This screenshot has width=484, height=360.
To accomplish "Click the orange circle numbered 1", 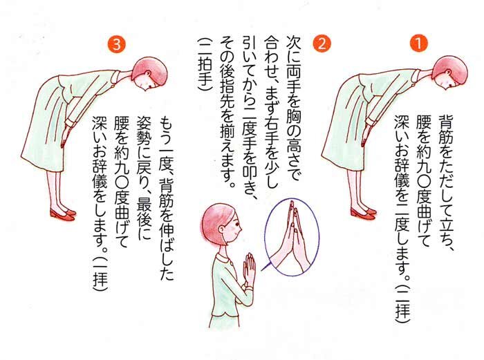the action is [419, 44].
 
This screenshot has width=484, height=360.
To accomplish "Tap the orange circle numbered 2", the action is [322, 44].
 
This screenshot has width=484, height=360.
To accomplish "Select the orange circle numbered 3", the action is [116, 44].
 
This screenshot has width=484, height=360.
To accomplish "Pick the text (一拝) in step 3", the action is [100, 271].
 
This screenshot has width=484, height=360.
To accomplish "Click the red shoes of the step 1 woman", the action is [364, 213].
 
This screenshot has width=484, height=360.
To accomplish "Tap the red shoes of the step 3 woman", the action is [63, 214].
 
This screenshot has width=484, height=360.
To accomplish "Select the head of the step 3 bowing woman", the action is [149, 73].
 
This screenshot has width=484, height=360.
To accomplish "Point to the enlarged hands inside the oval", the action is [290, 238].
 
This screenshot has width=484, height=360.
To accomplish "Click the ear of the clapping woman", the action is [222, 229].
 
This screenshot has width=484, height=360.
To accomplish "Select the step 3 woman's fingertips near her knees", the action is [64, 140].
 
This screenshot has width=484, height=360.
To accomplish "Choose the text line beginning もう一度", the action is [167, 199].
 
